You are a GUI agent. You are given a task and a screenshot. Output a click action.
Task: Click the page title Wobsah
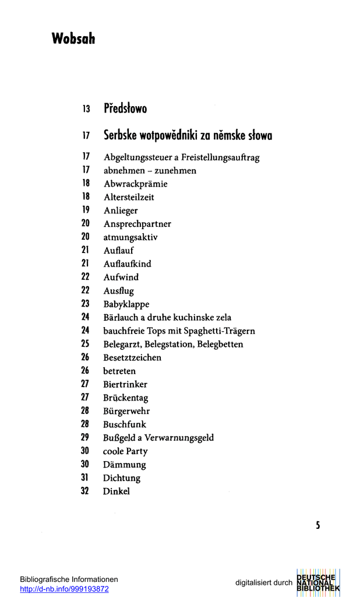[x=73, y=39]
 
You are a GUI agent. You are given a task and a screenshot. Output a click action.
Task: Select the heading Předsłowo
[x=125, y=108]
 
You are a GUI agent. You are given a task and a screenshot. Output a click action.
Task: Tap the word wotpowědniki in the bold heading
[x=175, y=136]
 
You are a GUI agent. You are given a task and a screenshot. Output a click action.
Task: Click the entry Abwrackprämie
[x=135, y=184]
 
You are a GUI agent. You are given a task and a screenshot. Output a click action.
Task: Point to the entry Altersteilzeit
[x=129, y=198]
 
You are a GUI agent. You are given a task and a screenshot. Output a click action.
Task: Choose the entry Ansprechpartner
[x=137, y=224]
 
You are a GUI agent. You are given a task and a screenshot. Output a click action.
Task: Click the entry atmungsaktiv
[x=130, y=237]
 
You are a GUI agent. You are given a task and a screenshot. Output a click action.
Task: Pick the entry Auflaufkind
[x=127, y=264]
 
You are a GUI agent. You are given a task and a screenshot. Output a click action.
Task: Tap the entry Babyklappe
[x=126, y=304]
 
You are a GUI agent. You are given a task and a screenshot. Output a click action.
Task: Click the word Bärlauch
[x=120, y=318]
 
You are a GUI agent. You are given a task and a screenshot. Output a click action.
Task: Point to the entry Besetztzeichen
[x=132, y=357]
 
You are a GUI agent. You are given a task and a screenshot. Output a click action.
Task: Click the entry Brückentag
[x=125, y=398]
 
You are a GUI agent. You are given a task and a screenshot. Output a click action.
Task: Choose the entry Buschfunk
[x=125, y=424]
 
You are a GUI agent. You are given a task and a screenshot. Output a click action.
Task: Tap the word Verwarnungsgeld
[x=180, y=438]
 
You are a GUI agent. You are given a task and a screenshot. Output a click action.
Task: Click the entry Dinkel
[x=117, y=491]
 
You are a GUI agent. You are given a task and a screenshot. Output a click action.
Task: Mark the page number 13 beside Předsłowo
[x=86, y=109]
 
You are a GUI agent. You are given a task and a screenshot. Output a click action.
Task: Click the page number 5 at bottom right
[x=318, y=525]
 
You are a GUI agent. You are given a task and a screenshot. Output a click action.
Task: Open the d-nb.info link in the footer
[x=64, y=589]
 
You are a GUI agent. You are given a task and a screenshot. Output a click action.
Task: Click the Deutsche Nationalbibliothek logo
[x=318, y=582]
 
